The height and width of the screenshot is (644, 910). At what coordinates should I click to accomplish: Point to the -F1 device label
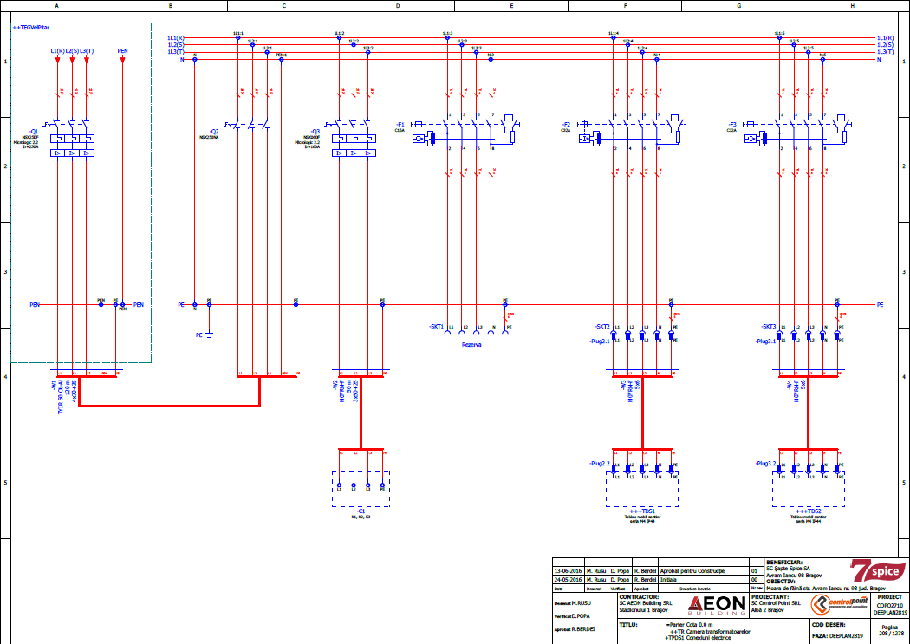[x=400, y=124]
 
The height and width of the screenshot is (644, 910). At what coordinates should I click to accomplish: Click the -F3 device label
[x=732, y=124]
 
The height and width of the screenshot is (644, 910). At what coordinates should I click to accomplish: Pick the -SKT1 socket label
[x=436, y=327]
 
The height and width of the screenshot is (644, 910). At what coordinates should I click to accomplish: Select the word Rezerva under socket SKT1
[x=471, y=344]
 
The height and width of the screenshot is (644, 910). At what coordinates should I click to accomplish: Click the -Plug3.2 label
[x=766, y=464]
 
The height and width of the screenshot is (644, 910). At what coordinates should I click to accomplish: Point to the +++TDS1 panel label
[x=642, y=511]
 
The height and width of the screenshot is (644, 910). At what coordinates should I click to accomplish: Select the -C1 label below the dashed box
[x=361, y=511]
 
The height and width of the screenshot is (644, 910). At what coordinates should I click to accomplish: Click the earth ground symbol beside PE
[x=209, y=334]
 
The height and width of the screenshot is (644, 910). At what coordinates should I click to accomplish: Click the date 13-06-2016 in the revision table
[x=569, y=572]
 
